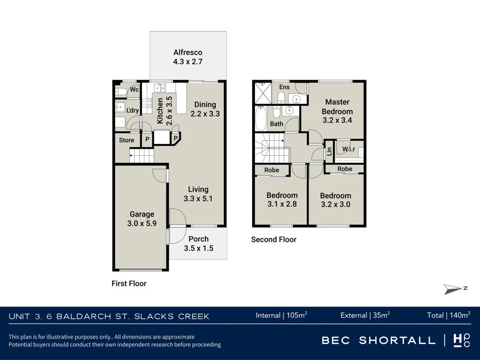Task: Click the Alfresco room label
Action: tap(187, 52)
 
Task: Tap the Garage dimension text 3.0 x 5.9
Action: tap(142, 224)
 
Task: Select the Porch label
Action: tap(198, 239)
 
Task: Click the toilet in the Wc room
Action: tap(120, 91)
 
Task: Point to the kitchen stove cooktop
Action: tap(147, 103)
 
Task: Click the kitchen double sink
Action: tap(159, 88)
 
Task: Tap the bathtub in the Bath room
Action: tap(261, 118)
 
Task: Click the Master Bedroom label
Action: tap(337, 106)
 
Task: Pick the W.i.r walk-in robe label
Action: tap(349, 149)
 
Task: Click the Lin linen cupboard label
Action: tap(330, 151)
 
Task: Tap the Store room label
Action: tap(127, 140)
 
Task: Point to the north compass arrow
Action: tap(453, 289)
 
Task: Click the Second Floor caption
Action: tap(274, 240)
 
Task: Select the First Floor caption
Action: tap(129, 284)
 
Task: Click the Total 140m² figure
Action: tap(449, 315)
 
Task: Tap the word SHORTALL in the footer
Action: tap(397, 340)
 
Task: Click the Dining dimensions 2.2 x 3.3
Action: tap(205, 114)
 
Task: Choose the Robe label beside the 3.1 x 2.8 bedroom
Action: tap(271, 170)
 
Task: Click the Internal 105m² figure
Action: tap(282, 315)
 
